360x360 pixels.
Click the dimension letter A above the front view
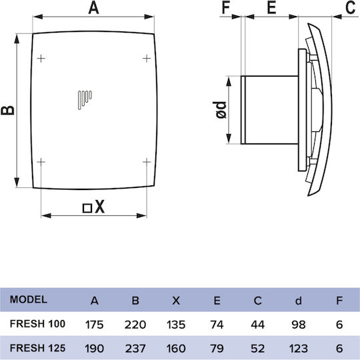coord(94,7)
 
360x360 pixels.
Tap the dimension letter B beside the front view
coord(7,110)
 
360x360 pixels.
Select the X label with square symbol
coord(93,207)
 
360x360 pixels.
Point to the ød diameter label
coord(221,110)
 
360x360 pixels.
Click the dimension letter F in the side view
coord(226,7)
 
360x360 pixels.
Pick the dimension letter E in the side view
coord(271,7)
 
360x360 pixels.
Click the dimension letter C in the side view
coord(351,7)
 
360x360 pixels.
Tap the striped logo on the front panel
coord(85,100)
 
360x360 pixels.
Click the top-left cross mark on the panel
coord(41,59)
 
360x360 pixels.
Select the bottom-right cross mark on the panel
coord(147,162)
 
